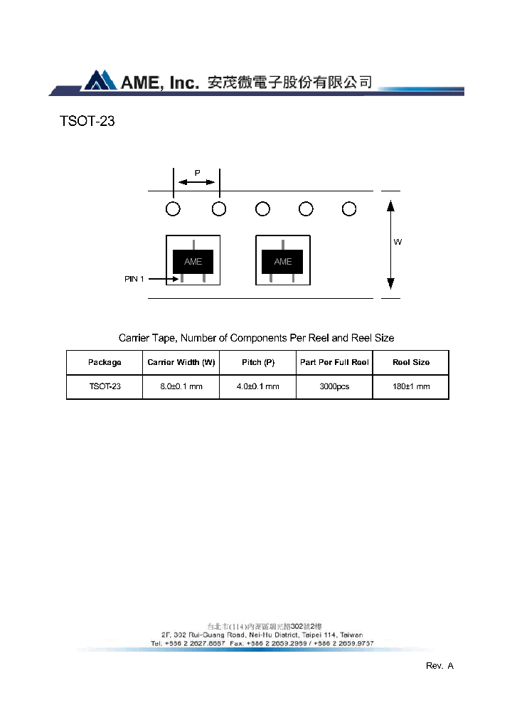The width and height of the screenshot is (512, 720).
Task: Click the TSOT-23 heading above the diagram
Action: [x=87, y=122]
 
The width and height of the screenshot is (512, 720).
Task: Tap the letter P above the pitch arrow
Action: [x=197, y=173]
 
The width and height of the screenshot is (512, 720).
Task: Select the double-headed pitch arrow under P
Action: [x=196, y=182]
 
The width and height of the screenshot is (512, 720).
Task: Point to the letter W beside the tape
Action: [x=398, y=243]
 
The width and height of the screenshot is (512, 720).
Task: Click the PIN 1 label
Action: [x=134, y=280]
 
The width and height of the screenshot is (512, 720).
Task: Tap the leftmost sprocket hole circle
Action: [x=173, y=208]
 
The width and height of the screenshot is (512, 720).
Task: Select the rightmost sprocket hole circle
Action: [x=348, y=208]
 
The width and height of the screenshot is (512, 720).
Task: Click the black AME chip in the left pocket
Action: [x=193, y=261]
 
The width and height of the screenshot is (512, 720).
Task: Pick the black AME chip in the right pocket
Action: [x=283, y=261]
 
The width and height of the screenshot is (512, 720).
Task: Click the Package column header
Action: [x=105, y=363]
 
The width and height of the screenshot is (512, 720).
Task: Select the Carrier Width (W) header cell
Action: [x=181, y=363]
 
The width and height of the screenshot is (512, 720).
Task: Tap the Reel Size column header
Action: [x=411, y=363]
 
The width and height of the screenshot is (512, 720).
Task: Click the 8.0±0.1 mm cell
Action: [x=181, y=387]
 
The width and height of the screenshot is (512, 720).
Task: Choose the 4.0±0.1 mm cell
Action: [x=258, y=387]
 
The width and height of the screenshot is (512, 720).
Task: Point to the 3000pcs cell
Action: [x=334, y=387]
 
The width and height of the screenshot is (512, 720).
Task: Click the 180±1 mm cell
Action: [x=411, y=387]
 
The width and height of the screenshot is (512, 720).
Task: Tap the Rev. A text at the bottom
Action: [x=439, y=666]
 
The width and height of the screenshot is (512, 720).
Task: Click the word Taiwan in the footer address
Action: [x=350, y=635]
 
